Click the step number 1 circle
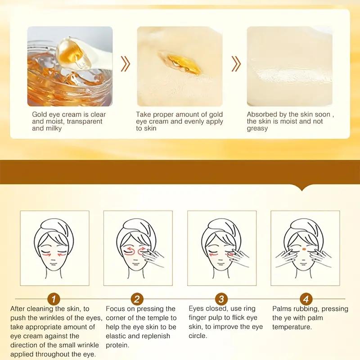[54, 298]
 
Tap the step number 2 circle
[137, 298]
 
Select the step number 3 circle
[221, 298]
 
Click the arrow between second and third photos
[235, 64]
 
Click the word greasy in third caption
[257, 128]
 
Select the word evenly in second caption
[196, 121]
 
